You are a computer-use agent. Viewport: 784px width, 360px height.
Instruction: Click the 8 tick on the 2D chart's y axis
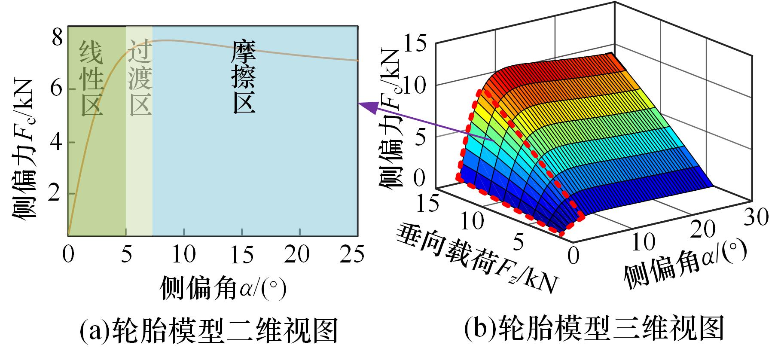[x=57, y=38]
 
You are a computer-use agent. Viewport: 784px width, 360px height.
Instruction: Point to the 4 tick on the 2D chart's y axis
[x=57, y=141]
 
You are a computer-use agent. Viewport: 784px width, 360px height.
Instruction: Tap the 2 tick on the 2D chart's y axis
[x=57, y=194]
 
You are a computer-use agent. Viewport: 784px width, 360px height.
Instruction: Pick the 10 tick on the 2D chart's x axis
[x=184, y=254]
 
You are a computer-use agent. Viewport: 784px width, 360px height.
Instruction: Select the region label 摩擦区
[x=244, y=77]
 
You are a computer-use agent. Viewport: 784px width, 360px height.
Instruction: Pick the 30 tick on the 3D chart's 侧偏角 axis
[x=756, y=218]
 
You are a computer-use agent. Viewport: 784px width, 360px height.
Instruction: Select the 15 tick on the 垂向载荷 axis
[x=427, y=201]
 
